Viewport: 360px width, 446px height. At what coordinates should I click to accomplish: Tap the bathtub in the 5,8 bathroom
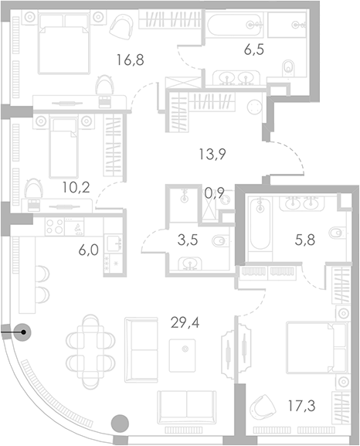point(259,230)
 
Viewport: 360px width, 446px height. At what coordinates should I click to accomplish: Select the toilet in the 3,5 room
point(219,241)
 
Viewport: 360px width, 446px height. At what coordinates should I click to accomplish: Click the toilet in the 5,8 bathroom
point(337,234)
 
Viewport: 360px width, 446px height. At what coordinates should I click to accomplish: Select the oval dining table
point(92,342)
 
